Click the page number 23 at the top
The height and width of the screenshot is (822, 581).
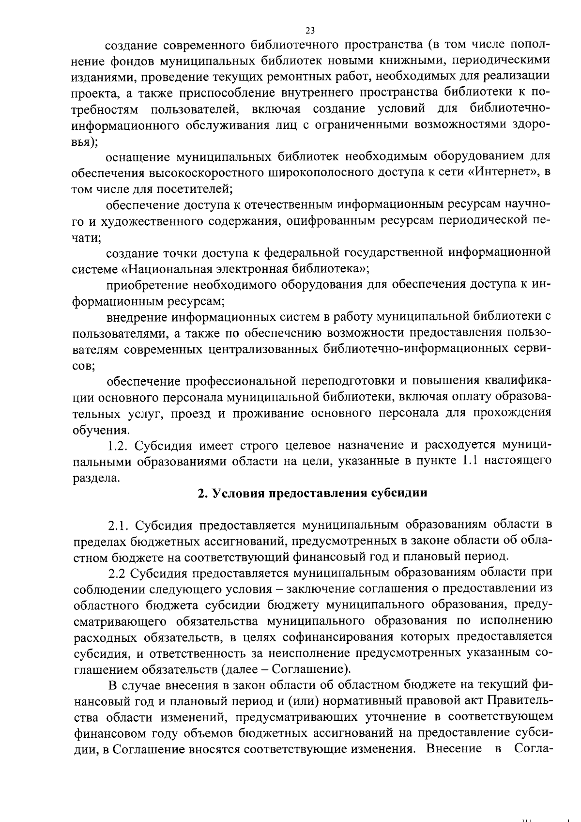[x=310, y=31]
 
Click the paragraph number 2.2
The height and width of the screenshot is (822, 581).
[x=118, y=573]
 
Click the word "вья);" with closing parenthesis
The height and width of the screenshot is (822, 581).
[x=85, y=141]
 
